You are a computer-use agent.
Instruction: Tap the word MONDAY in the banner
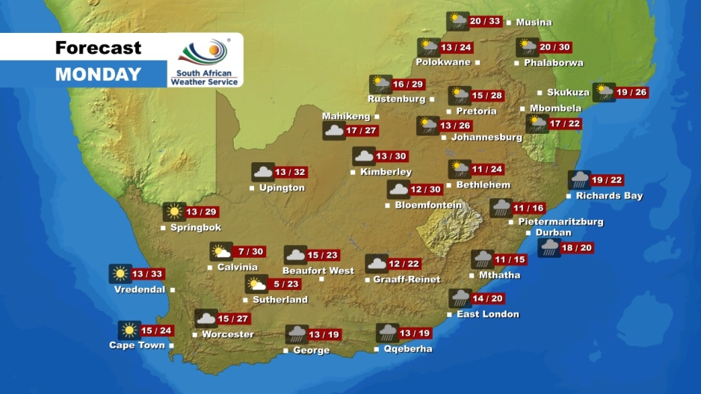click(x=98, y=74)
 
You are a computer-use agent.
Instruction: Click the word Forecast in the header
click(x=98, y=49)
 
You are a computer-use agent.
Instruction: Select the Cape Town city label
click(x=137, y=345)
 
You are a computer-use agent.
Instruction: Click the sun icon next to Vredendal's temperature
click(x=120, y=274)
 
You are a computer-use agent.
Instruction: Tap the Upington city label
click(x=282, y=188)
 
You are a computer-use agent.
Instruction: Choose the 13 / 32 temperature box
click(x=291, y=172)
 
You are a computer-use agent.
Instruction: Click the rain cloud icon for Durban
click(x=549, y=247)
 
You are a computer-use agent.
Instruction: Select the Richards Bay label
click(x=609, y=196)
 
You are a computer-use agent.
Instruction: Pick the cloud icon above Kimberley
click(x=363, y=156)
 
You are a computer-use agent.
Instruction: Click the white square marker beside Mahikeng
click(x=377, y=117)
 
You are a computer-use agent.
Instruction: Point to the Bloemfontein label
click(x=428, y=205)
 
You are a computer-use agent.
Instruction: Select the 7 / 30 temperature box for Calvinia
click(x=250, y=252)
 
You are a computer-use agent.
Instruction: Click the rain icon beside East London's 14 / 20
click(x=460, y=298)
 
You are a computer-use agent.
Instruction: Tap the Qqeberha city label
click(x=407, y=349)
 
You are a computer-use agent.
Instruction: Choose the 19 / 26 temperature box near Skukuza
click(x=631, y=93)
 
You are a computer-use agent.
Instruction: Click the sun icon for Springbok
click(x=174, y=212)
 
